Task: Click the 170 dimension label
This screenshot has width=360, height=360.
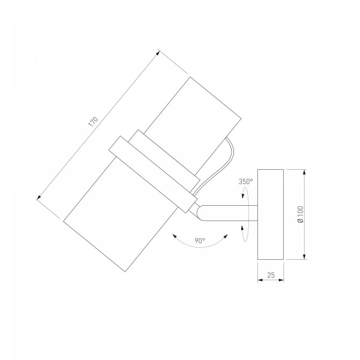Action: pos(93,122)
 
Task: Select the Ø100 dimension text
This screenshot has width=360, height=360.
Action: pos(301,214)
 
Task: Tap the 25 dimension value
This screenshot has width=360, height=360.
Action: pos(271,275)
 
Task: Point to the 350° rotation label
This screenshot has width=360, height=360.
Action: pos(245,182)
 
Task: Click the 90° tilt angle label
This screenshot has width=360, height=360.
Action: pos(200,241)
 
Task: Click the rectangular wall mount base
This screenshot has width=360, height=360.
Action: pos(271,214)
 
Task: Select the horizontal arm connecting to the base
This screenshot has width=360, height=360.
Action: pos(227,213)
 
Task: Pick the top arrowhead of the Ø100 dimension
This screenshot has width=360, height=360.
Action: pos(304,172)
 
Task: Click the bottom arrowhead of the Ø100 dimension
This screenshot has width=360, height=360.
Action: pos(304,257)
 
